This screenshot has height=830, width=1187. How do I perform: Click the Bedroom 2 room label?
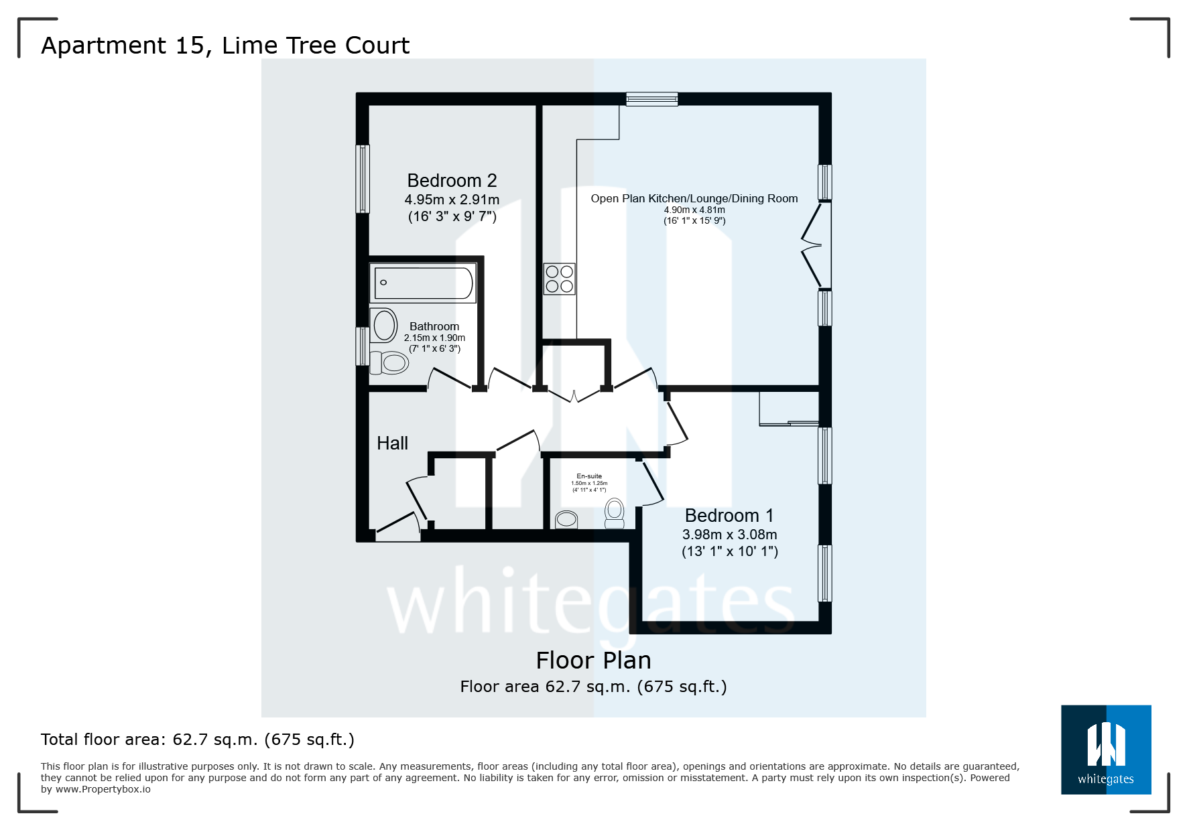pyautogui.click(x=452, y=181)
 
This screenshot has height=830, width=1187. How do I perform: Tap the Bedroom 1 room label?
pyautogui.click(x=729, y=516)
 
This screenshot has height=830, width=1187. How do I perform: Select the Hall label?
pyautogui.click(x=392, y=443)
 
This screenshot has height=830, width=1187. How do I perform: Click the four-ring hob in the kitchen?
pyautogui.click(x=560, y=279)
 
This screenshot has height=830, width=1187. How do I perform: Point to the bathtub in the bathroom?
pyautogui.click(x=423, y=283)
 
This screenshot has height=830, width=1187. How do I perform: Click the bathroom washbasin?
pyautogui.click(x=384, y=326)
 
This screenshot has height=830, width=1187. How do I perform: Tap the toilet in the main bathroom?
pyautogui.click(x=390, y=363)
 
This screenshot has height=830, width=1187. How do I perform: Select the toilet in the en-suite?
pyautogui.click(x=614, y=512)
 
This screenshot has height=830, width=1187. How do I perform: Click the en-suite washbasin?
pyautogui.click(x=566, y=519)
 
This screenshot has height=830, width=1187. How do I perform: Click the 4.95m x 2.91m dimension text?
pyautogui.click(x=452, y=200)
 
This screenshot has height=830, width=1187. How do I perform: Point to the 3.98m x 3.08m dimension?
pyautogui.click(x=729, y=535)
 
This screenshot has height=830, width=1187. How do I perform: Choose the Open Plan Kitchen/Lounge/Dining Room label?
pyautogui.click(x=694, y=198)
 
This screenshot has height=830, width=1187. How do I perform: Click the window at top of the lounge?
pyautogui.click(x=651, y=99)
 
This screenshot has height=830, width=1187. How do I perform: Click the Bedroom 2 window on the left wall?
pyautogui.click(x=363, y=179)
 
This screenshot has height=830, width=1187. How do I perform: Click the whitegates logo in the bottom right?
pyautogui.click(x=1105, y=750)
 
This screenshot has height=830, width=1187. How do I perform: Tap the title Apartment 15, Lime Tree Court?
pyautogui.click(x=225, y=46)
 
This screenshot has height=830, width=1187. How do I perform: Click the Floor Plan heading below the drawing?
pyautogui.click(x=593, y=661)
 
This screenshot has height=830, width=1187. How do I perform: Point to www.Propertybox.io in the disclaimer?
pyautogui.click(x=103, y=789)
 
